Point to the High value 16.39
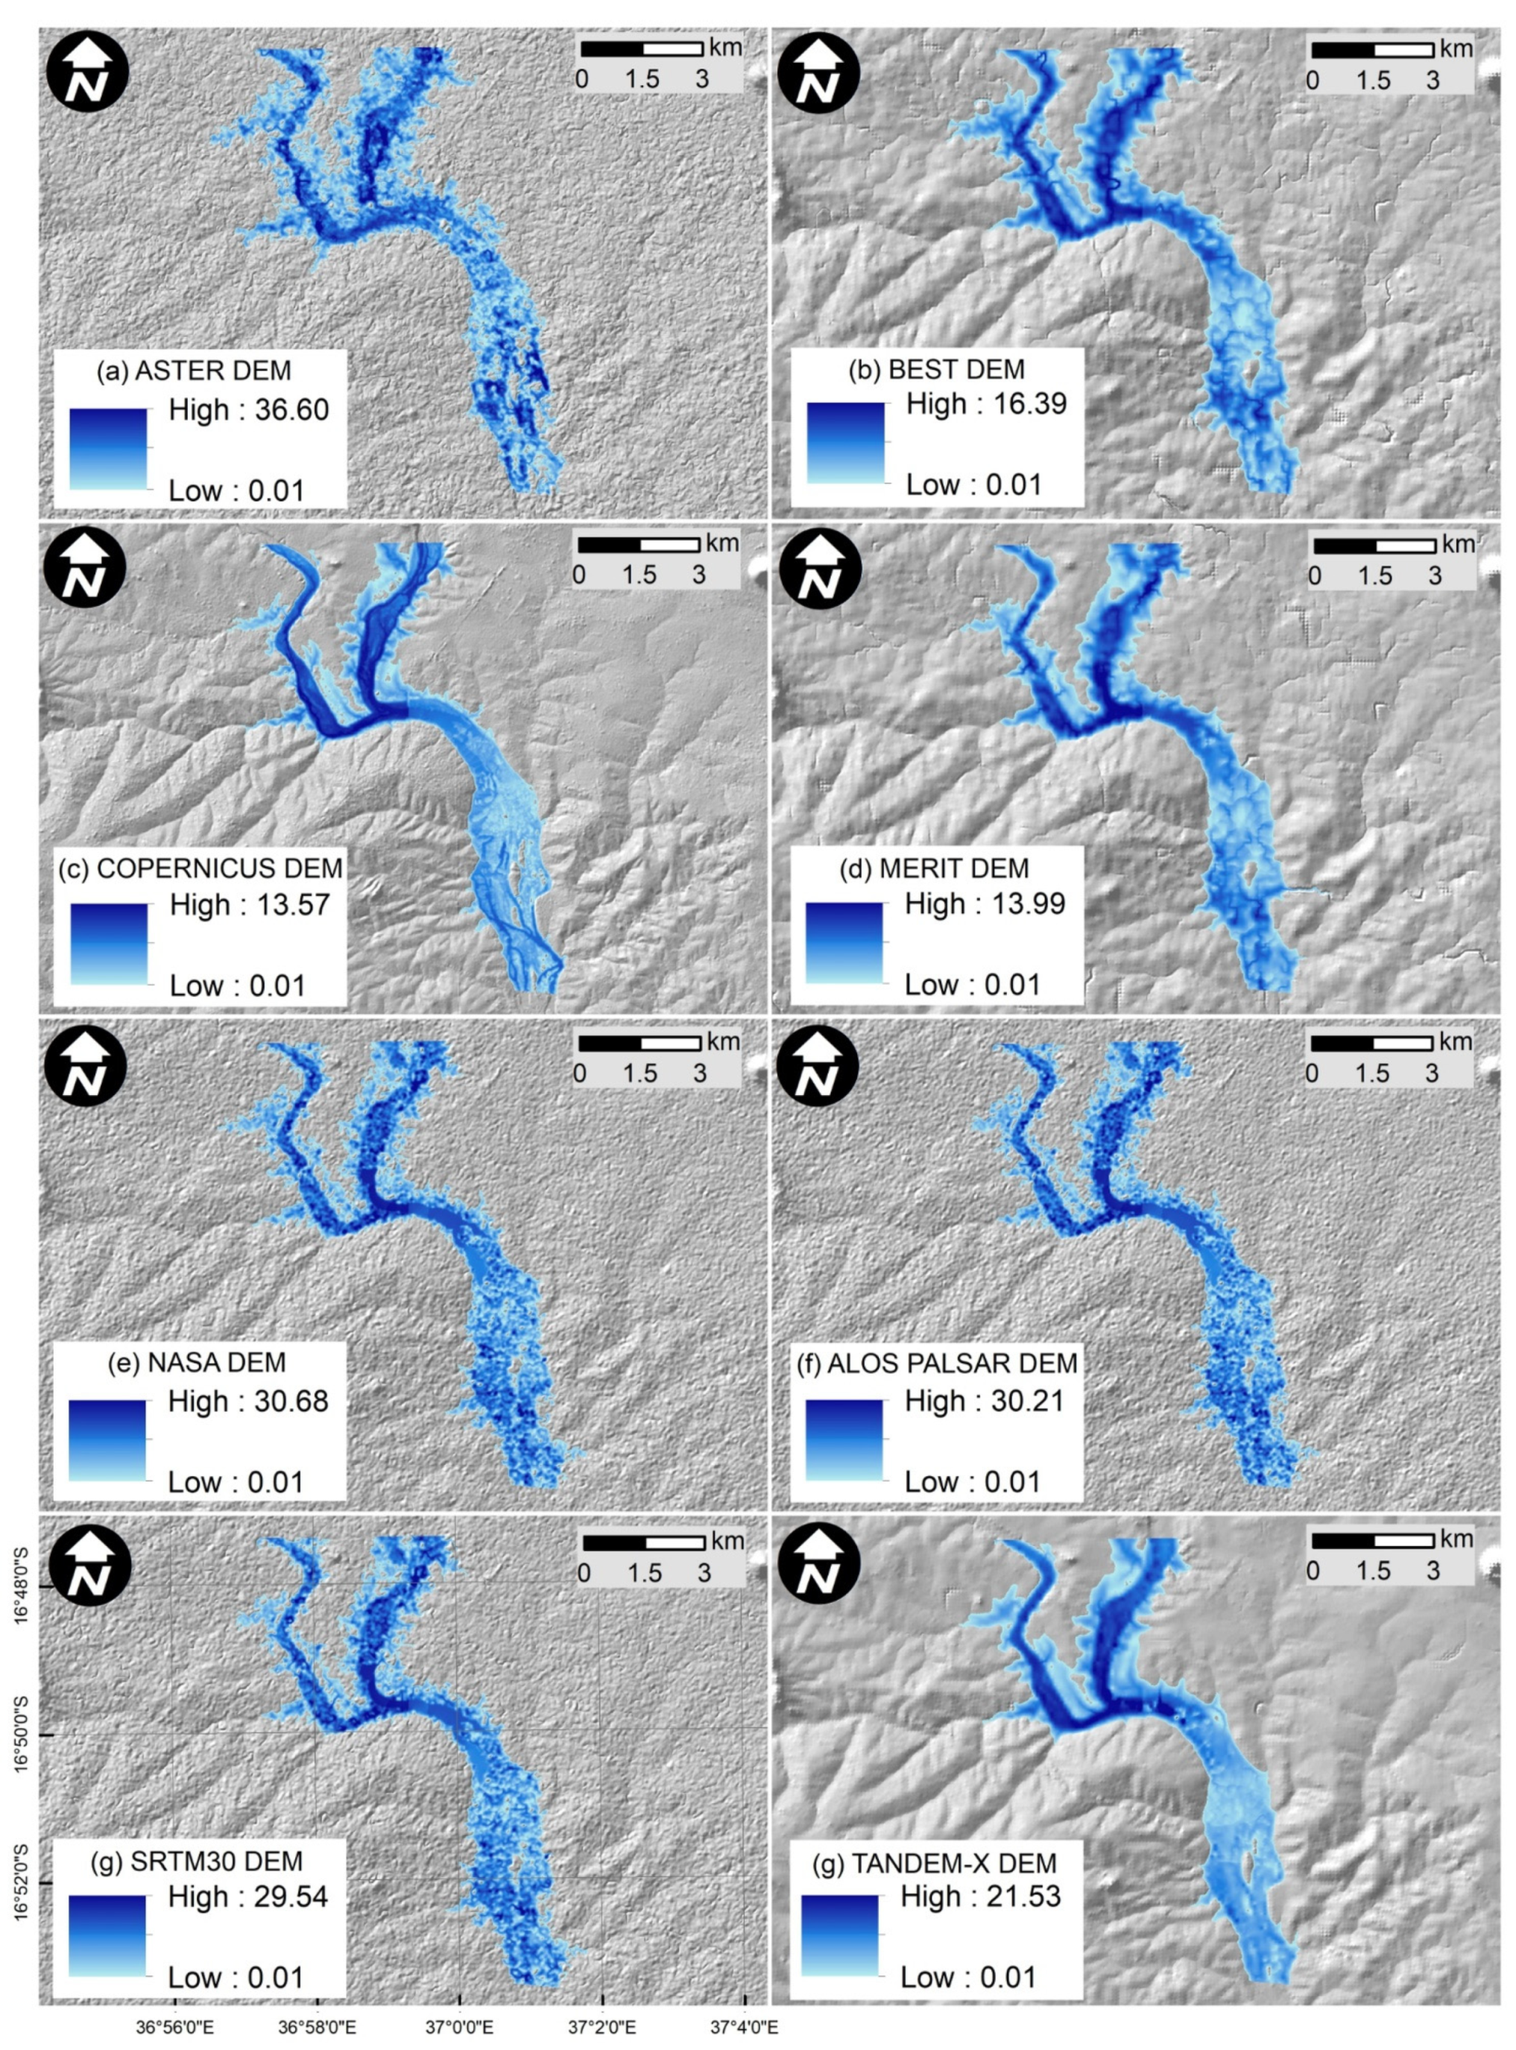tap(987, 404)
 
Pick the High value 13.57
tap(250, 905)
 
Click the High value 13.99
tap(985, 904)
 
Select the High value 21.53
tap(981, 1896)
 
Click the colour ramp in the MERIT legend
tap(844, 943)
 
